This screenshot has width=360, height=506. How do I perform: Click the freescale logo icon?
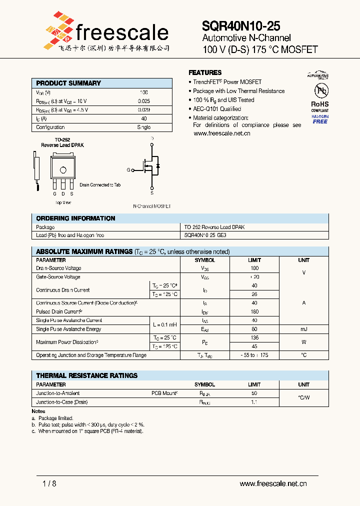[59, 31]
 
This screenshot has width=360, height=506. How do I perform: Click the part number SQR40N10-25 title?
[241, 26]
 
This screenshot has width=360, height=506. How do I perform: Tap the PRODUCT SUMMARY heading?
[68, 83]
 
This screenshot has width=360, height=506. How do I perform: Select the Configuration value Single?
[143, 127]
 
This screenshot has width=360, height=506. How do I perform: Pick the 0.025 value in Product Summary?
[143, 101]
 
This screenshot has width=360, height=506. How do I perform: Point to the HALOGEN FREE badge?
[320, 119]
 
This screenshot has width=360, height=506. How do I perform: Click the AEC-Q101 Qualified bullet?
[216, 109]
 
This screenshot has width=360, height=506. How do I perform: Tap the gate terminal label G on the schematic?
[128, 170]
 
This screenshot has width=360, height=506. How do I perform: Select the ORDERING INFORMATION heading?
[75, 218]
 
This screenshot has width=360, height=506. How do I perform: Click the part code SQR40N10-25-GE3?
[205, 235]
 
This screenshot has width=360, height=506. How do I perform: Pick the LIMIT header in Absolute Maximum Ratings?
[254, 260]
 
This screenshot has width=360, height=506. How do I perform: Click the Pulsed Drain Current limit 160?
[254, 311]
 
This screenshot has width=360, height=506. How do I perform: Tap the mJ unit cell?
[303, 329]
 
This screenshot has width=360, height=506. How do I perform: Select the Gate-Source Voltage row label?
[58, 277]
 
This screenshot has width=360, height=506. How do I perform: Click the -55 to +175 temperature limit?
[254, 355]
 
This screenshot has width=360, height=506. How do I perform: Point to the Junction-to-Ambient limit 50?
[254, 393]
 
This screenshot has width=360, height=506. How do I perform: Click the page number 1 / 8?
[49, 483]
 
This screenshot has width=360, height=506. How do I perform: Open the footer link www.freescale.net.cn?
[273, 483]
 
